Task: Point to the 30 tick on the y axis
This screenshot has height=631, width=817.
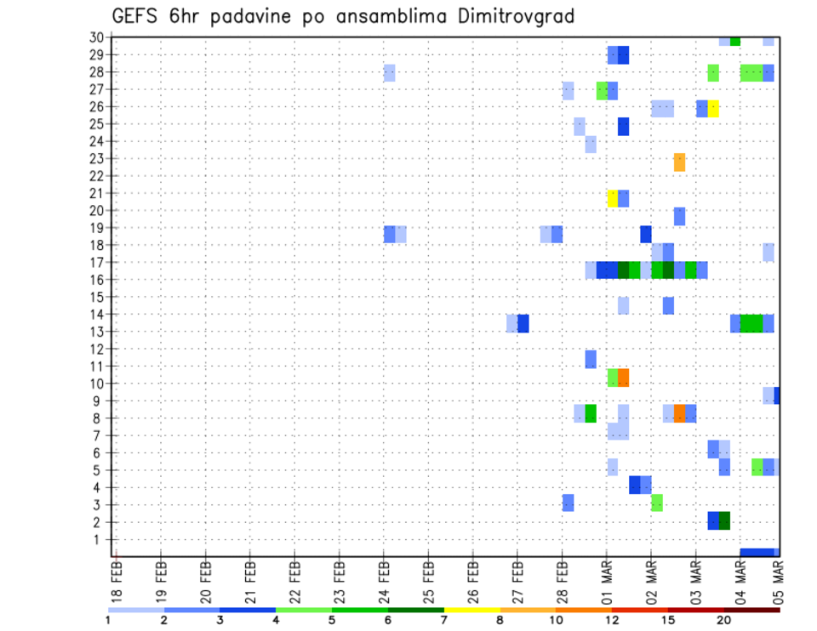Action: (97, 37)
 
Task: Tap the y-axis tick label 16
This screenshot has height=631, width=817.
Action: (97, 279)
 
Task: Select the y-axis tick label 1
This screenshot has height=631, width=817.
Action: (100, 539)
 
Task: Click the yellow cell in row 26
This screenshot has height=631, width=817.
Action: (713, 108)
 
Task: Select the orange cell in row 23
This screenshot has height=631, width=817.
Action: (679, 162)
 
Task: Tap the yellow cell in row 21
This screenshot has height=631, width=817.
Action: (612, 198)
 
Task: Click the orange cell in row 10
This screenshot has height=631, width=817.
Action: (623, 377)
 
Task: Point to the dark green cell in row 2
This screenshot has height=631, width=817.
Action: (724, 520)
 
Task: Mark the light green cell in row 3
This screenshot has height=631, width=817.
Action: (657, 503)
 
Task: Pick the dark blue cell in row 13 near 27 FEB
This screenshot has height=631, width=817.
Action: (523, 323)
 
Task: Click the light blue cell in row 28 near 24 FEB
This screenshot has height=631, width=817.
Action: (389, 73)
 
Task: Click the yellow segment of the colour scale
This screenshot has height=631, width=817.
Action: (471, 610)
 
